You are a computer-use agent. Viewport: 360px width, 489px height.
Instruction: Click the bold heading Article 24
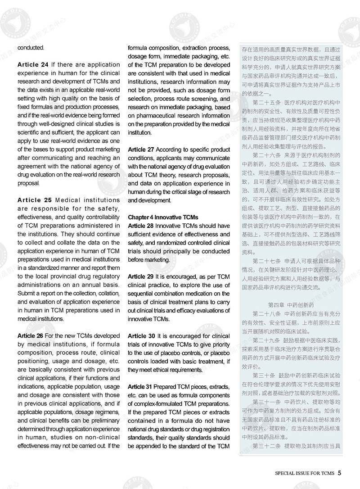[33, 65]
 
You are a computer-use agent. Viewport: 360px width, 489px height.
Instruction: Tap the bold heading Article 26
[31, 335]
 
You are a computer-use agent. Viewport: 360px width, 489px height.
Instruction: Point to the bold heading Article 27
[141, 149]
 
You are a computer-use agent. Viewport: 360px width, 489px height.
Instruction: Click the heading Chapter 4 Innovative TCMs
[162, 217]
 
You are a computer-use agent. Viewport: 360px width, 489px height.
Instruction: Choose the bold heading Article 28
[141, 226]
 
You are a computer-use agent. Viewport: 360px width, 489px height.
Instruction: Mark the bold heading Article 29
[141, 276]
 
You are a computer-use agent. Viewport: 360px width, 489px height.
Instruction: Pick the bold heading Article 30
[141, 336]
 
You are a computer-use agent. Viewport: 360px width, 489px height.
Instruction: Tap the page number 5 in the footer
[340, 473]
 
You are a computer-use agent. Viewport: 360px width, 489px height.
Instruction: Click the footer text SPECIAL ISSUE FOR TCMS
[305, 473]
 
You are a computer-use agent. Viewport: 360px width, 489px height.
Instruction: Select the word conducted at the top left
[31, 47]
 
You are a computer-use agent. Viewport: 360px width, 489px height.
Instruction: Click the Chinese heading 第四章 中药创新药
[288, 305]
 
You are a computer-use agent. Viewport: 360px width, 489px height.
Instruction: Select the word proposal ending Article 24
[29, 183]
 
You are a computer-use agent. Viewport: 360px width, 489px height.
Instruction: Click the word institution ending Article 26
[139, 132]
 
